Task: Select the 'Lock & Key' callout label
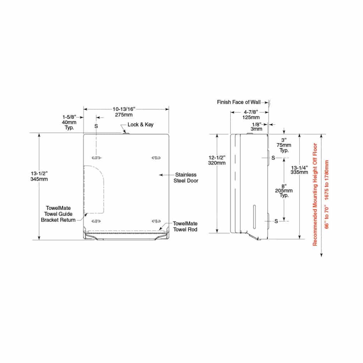tap(140, 125)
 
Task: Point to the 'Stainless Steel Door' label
tap(185, 178)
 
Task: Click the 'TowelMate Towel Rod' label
tap(185, 226)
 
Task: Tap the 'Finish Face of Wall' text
tap(239, 102)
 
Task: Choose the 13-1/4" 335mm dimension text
tap(299, 170)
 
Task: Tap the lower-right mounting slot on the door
tap(156, 221)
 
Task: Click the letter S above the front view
tap(96, 126)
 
